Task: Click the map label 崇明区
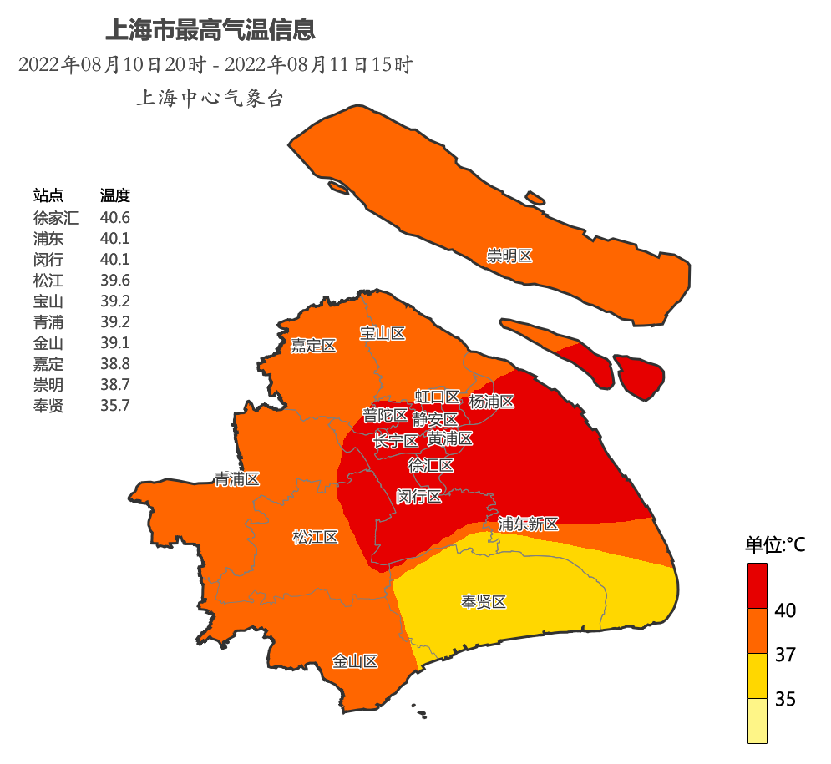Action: (x=509, y=256)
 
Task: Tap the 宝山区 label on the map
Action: (x=383, y=333)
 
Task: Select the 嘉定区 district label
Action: (x=313, y=346)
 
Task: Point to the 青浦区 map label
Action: (x=237, y=479)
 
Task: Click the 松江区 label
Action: (x=315, y=537)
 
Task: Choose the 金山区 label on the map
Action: (x=355, y=661)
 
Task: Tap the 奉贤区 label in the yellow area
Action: (x=484, y=602)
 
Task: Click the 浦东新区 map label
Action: (x=528, y=524)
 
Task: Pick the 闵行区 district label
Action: (x=418, y=497)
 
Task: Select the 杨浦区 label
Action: (x=492, y=402)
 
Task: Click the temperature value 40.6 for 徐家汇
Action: (x=115, y=217)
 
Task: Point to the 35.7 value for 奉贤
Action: (x=115, y=406)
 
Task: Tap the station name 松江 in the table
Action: (x=48, y=280)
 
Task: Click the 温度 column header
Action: (x=115, y=195)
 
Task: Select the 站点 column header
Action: (x=48, y=195)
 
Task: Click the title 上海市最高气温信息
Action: (x=210, y=31)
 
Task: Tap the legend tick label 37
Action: (x=785, y=655)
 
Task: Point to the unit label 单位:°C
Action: (x=775, y=545)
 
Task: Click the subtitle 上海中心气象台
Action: (x=210, y=99)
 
